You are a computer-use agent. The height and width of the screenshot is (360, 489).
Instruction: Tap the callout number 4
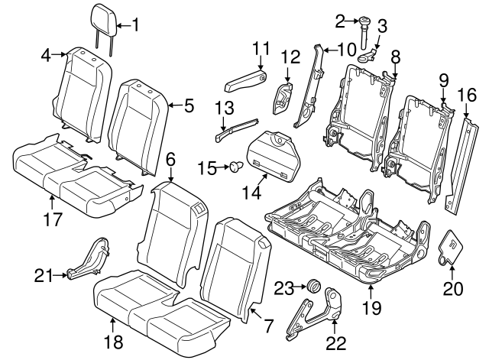46,55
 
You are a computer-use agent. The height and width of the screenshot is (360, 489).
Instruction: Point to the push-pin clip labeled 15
234,167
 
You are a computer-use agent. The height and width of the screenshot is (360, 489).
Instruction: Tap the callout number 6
170,159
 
